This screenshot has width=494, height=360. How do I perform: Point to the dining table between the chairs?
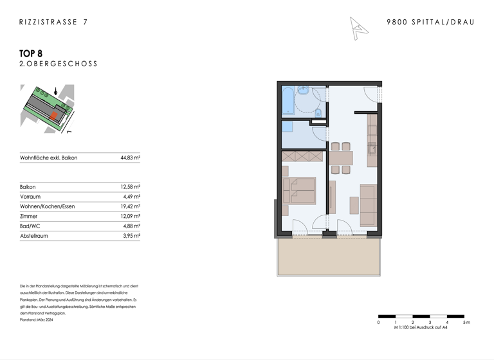pyautogui.click(x=341, y=157)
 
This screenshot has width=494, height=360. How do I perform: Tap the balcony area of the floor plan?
pyautogui.click(x=329, y=256)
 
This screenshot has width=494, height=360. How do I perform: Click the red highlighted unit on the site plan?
pyautogui.click(x=54, y=116)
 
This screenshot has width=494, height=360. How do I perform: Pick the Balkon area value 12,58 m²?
pyautogui.click(x=130, y=187)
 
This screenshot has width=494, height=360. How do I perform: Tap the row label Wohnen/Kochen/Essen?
pyautogui.click(x=47, y=206)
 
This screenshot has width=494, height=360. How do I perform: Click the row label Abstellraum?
pyautogui.click(x=34, y=236)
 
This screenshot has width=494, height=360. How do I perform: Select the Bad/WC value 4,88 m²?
pyautogui.click(x=131, y=226)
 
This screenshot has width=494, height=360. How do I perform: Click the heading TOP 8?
pyautogui.click(x=31, y=53)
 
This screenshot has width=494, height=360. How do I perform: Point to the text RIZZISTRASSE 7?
pyautogui.click(x=53, y=22)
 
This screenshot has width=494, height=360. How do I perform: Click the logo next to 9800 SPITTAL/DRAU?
pyautogui.click(x=358, y=28)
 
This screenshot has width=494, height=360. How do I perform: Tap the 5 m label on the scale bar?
pyautogui.click(x=466, y=322)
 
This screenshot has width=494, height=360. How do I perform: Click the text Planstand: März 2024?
pyautogui.click(x=37, y=319)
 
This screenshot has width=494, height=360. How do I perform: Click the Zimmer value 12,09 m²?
pyautogui.click(x=130, y=217)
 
